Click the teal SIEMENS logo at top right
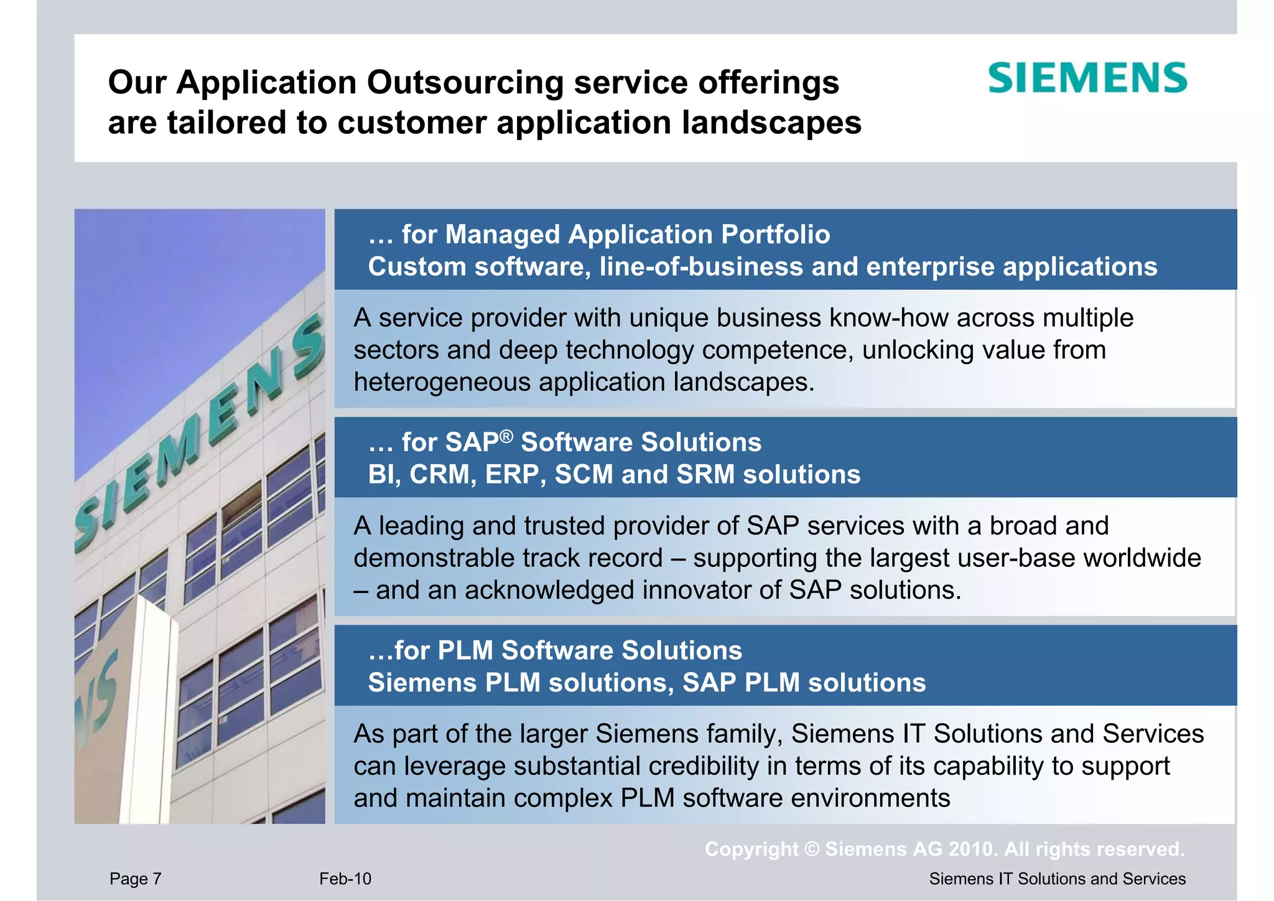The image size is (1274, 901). pos(1087,78)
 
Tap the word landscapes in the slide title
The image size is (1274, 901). pos(771,123)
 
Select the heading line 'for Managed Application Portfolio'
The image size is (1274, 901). pos(599,235)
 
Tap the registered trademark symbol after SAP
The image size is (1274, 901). pos(506,436)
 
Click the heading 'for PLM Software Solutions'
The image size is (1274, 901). pos(555,651)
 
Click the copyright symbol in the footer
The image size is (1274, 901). pos(812,849)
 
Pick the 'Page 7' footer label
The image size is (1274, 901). pos(135,879)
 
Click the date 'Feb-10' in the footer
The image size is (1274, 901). pos(345,879)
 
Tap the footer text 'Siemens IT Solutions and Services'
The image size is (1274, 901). pos(1057,879)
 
